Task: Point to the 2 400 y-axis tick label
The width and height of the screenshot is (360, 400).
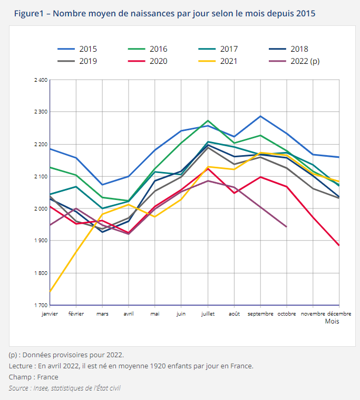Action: pyautogui.click(x=41, y=80)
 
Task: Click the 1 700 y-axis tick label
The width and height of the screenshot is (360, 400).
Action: pyautogui.click(x=41, y=305)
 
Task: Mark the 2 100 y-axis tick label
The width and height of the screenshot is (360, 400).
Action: pyautogui.click(x=41, y=177)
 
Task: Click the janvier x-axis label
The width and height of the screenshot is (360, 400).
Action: pyautogui.click(x=50, y=313)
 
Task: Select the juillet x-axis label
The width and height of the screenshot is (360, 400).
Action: pyautogui.click(x=208, y=313)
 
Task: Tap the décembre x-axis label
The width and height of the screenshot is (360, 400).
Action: pyautogui.click(x=328, y=313)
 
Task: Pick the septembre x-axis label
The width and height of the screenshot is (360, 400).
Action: pyautogui.click(x=260, y=313)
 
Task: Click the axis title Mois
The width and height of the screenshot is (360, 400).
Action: pyautogui.click(x=332, y=321)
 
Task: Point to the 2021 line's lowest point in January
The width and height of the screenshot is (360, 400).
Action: pyautogui.click(x=50, y=291)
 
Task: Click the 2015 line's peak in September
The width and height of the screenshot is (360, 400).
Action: pyautogui.click(x=260, y=116)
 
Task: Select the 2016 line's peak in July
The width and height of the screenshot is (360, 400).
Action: pyautogui.click(x=208, y=120)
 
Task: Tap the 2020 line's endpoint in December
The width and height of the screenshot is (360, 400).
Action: pyautogui.click(x=339, y=245)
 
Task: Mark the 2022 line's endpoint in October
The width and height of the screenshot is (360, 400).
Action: pyautogui.click(x=287, y=226)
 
